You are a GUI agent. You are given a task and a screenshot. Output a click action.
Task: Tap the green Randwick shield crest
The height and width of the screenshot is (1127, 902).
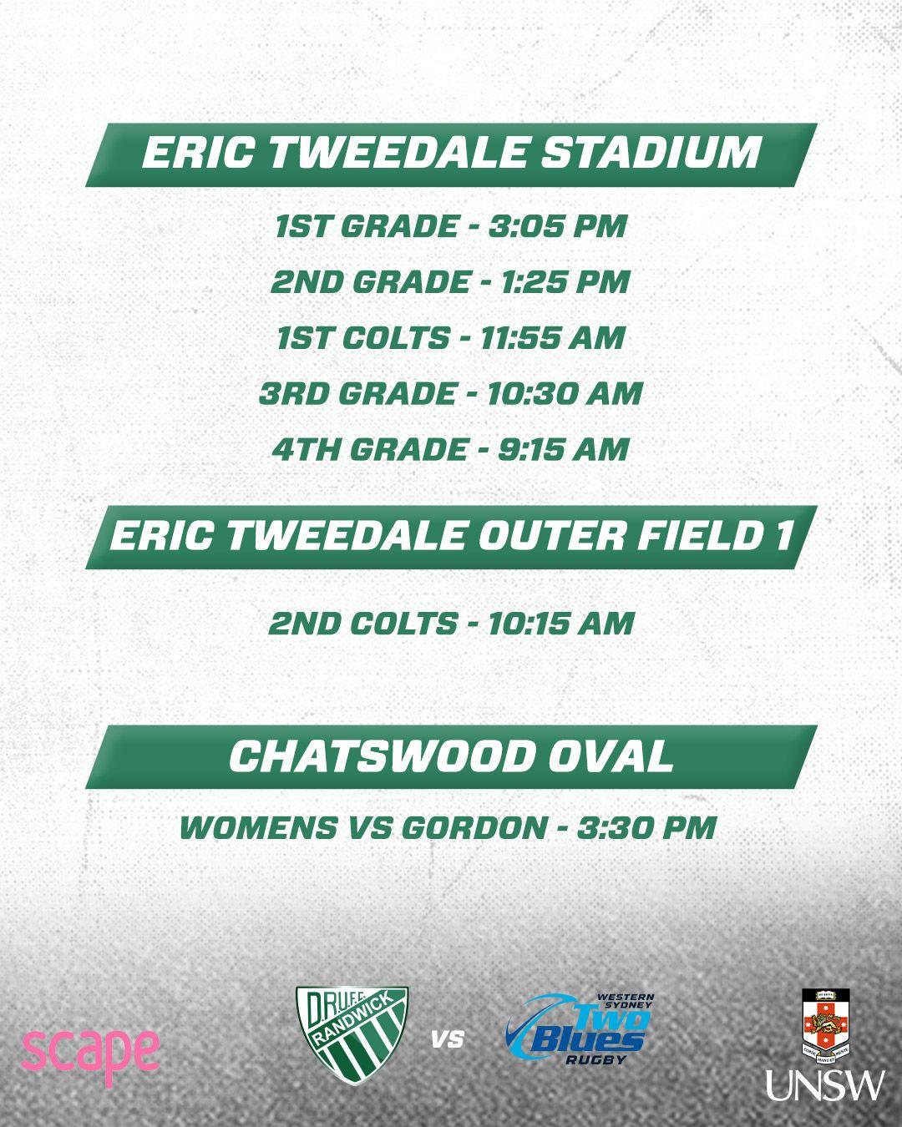point(352,1035)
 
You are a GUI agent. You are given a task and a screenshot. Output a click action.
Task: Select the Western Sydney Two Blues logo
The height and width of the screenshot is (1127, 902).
point(580,1029)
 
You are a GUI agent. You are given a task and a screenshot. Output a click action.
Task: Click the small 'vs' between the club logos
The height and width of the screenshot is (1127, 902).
point(448,1039)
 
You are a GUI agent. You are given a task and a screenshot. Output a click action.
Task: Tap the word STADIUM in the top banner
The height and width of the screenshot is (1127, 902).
point(651,153)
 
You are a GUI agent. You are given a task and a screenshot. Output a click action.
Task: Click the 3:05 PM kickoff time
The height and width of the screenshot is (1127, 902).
point(558,226)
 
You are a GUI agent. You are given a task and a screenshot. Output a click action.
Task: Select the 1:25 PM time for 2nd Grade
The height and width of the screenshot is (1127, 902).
point(565,282)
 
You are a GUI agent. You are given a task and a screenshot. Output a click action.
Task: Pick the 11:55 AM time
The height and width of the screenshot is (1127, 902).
point(552,337)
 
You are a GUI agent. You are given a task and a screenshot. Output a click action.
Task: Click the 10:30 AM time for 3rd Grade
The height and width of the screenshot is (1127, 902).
point(565,393)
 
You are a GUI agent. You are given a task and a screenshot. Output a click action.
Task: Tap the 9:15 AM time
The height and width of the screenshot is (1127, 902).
point(563,449)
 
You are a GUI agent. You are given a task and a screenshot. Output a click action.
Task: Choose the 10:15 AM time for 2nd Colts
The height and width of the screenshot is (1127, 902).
point(561,624)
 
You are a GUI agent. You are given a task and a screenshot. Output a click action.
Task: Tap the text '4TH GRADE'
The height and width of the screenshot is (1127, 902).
point(370,449)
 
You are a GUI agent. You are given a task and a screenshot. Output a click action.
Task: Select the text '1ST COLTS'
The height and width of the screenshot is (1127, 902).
point(363,337)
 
